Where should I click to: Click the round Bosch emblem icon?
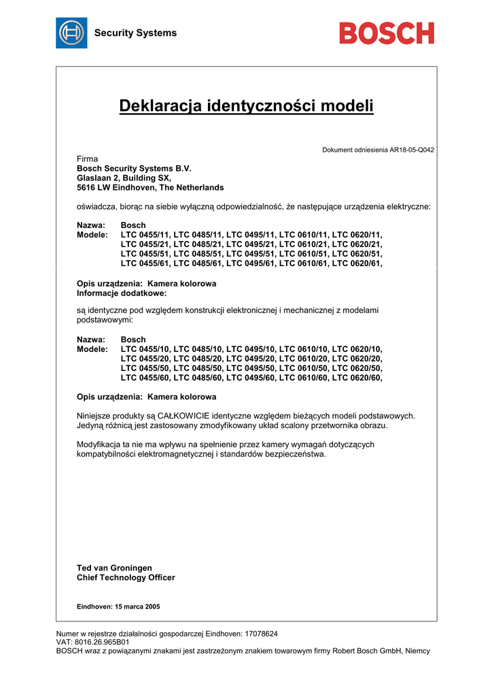71,33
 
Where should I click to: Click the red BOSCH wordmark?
387,33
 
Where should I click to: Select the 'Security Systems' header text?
135,33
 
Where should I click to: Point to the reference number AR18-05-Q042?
412,150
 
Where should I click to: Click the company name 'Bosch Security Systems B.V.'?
135,168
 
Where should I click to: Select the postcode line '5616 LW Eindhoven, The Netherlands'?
150,187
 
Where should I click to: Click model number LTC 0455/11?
145,235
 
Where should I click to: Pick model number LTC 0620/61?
357,263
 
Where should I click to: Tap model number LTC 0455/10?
145,349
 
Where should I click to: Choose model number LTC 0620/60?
357,378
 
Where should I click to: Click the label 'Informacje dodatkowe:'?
122,293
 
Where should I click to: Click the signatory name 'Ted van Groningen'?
114,568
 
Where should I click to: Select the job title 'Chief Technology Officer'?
126,577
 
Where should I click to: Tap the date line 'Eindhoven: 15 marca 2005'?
118,606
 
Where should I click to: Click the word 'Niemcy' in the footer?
417,651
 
